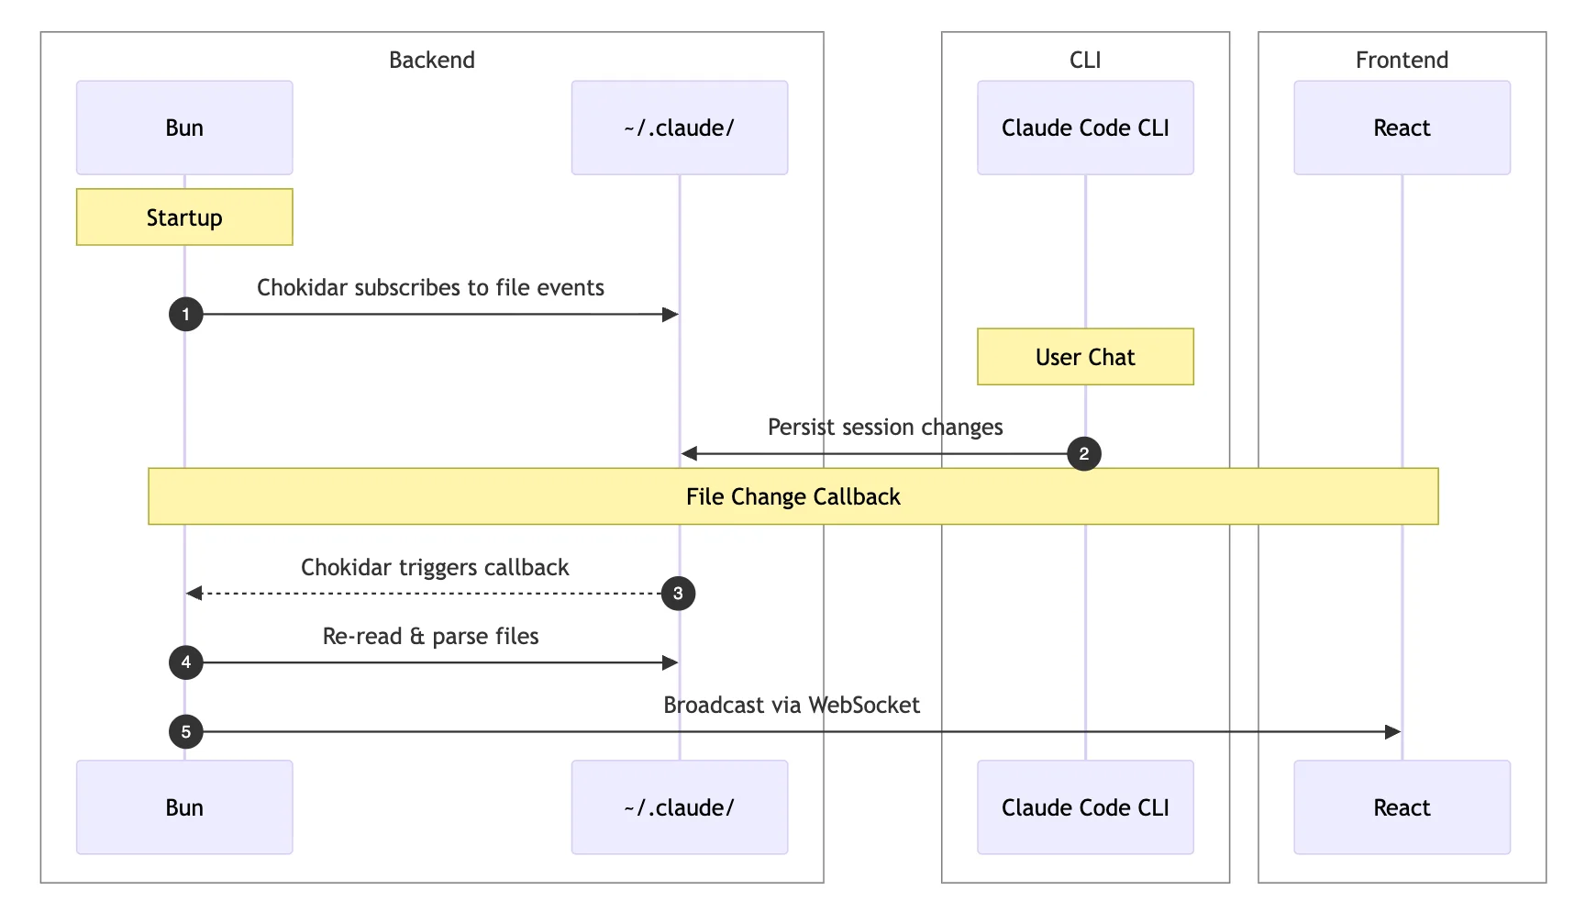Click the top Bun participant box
[184, 128]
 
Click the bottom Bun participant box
[184, 807]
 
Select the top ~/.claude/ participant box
[679, 128]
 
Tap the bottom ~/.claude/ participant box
[679, 807]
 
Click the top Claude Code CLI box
[1085, 128]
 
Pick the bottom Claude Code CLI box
[1085, 807]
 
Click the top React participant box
[1402, 128]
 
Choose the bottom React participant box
[1402, 807]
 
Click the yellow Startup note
[184, 217]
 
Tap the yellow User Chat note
[1085, 357]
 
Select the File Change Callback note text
[793, 496]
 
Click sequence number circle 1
[185, 315]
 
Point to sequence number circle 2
[1084, 453]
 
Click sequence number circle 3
[678, 594]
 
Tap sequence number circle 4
[185, 662]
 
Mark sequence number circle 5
[185, 732]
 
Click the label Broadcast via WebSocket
[791, 705]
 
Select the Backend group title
[431, 60]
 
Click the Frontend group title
[1402, 60]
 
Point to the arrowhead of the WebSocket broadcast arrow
[1392, 732]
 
